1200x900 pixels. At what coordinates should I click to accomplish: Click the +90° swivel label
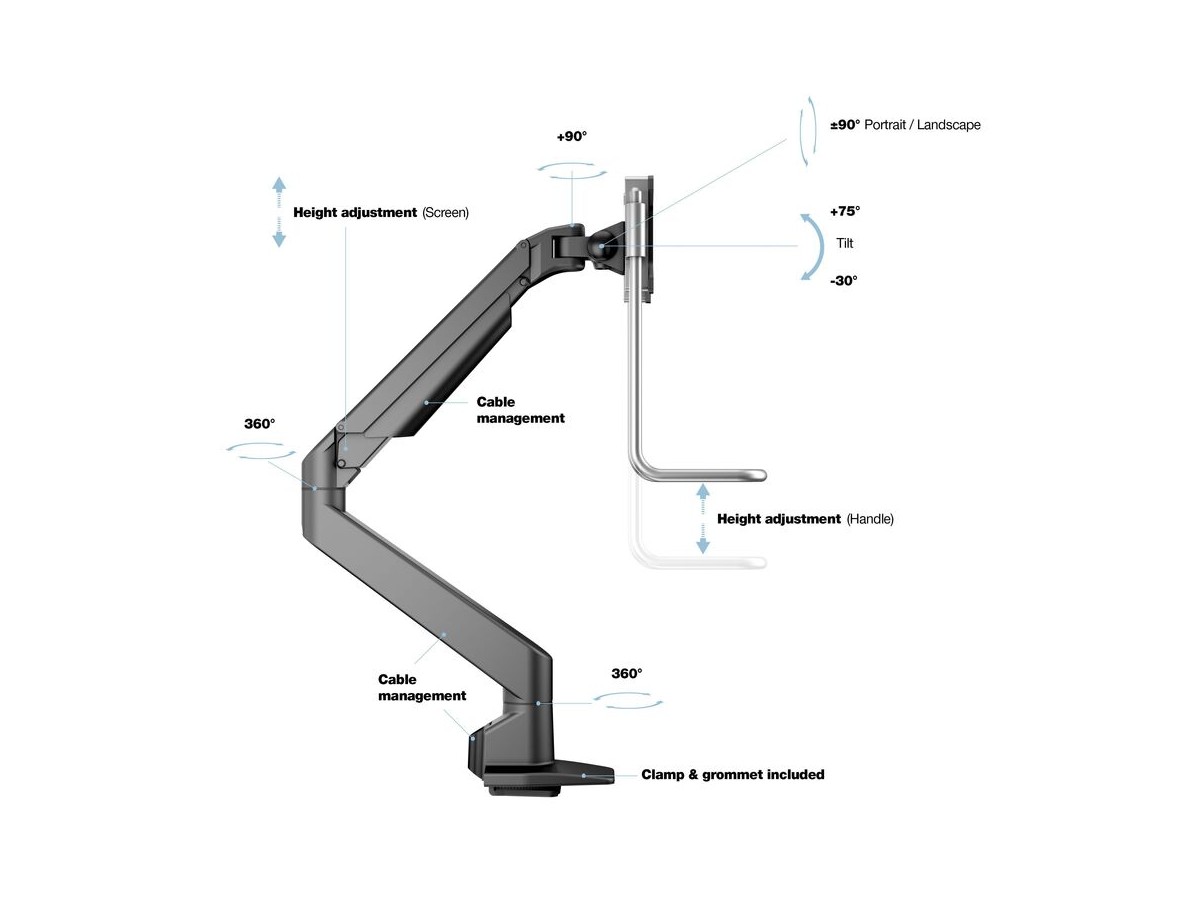(x=571, y=137)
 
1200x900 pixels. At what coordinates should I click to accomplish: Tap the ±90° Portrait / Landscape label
(x=906, y=125)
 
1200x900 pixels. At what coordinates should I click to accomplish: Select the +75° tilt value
(x=844, y=211)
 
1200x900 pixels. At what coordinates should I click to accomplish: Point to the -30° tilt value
(x=843, y=281)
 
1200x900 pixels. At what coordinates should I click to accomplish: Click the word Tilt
(x=845, y=243)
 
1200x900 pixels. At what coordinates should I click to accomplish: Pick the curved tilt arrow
(x=809, y=246)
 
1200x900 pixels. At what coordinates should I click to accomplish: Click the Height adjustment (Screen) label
(x=380, y=213)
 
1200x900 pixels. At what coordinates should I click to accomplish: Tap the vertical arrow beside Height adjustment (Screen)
(x=279, y=212)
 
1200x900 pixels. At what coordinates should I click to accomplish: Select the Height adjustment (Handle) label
(x=805, y=520)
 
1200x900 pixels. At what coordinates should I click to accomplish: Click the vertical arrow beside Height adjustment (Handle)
(x=703, y=518)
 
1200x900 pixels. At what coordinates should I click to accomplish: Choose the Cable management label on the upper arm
(x=520, y=410)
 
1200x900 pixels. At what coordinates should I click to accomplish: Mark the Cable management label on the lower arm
(x=421, y=687)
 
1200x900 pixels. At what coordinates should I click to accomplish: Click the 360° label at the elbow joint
(x=259, y=424)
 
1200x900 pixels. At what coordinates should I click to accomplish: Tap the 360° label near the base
(x=626, y=674)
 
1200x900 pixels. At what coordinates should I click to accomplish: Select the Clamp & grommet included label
(x=732, y=774)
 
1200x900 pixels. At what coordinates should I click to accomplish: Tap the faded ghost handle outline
(x=700, y=560)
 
